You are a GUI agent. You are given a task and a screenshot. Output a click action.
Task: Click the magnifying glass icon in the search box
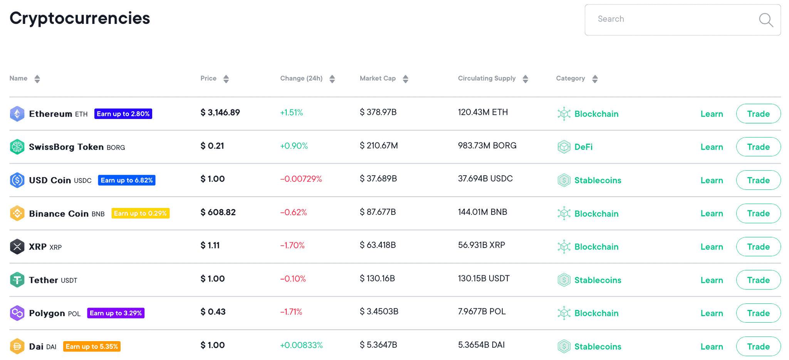click(x=766, y=20)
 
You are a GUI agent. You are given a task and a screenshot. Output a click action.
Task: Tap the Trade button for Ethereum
click(x=758, y=114)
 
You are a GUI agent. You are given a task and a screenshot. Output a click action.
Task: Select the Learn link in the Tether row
click(x=712, y=280)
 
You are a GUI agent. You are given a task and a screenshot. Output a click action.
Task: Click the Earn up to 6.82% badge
click(x=126, y=180)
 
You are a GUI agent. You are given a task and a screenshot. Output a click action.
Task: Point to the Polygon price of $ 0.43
click(x=213, y=312)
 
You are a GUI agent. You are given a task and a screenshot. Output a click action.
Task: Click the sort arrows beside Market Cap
click(x=405, y=79)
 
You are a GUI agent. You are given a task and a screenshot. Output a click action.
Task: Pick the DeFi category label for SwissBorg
click(x=583, y=147)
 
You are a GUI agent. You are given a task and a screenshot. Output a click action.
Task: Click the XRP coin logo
click(x=17, y=247)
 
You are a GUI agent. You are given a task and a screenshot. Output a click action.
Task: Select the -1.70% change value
click(x=292, y=245)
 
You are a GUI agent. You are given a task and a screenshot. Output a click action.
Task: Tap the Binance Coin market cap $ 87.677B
click(x=378, y=212)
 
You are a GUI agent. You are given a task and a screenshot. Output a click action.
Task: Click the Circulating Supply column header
click(x=487, y=79)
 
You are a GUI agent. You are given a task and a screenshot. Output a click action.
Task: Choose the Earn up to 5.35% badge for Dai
click(x=92, y=347)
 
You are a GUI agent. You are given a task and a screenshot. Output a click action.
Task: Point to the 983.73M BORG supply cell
click(x=487, y=146)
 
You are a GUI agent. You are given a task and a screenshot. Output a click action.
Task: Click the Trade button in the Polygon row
click(x=758, y=313)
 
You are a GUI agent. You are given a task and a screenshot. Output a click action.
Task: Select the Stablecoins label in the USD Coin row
click(x=598, y=180)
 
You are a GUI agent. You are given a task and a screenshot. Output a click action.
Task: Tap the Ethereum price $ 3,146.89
click(x=220, y=112)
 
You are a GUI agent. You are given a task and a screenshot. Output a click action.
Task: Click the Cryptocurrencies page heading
click(x=80, y=18)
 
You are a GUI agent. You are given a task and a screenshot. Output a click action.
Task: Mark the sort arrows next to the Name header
click(x=37, y=79)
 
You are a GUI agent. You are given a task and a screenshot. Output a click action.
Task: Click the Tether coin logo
click(x=17, y=280)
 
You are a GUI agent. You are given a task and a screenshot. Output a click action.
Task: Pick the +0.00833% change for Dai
click(x=301, y=345)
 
